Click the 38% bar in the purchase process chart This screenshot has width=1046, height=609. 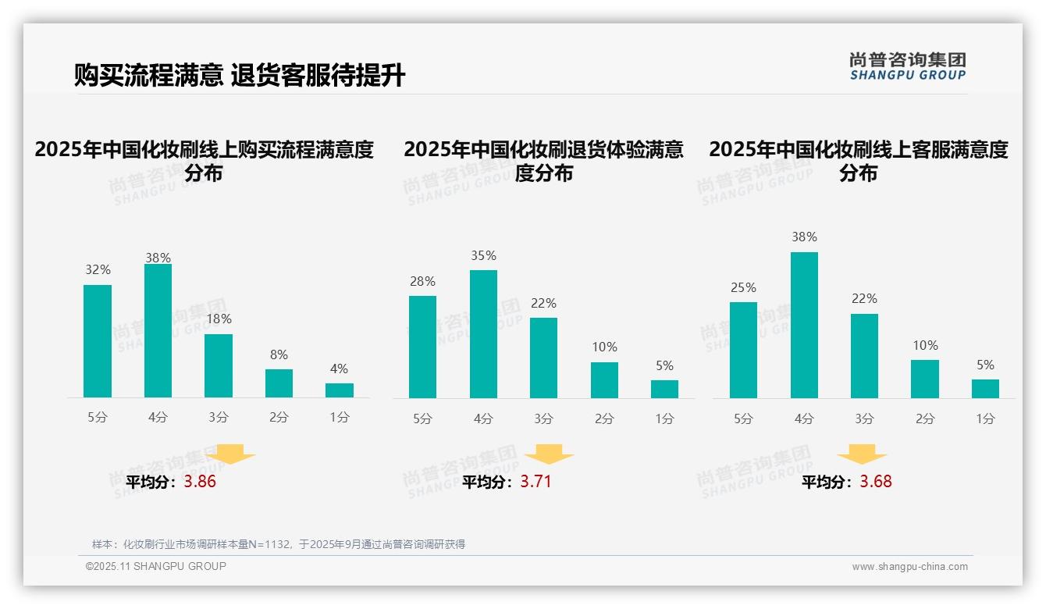158,331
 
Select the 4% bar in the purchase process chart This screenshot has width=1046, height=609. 340,390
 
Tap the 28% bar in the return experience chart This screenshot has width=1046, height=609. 422,347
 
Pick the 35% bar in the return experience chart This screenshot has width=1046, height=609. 483,334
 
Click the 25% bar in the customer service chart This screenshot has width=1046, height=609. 743,350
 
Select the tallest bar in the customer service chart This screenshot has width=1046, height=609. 804,325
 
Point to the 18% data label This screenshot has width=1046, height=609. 219,319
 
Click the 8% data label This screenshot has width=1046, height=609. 279,354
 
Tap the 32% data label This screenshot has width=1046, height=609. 98,269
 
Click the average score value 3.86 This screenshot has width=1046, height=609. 200,482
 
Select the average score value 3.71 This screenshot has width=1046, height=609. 535,482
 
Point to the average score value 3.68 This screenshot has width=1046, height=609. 875,482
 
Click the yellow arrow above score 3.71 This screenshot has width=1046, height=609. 549,454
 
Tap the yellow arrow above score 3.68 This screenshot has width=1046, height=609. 862,454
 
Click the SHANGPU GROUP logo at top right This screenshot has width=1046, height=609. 907,66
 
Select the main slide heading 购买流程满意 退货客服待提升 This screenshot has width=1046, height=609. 240,76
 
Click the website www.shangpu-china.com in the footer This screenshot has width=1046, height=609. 909,567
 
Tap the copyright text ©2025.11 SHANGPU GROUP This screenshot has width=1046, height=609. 155,566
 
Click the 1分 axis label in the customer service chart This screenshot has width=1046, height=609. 985,418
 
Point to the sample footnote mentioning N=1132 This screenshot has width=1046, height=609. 278,544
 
